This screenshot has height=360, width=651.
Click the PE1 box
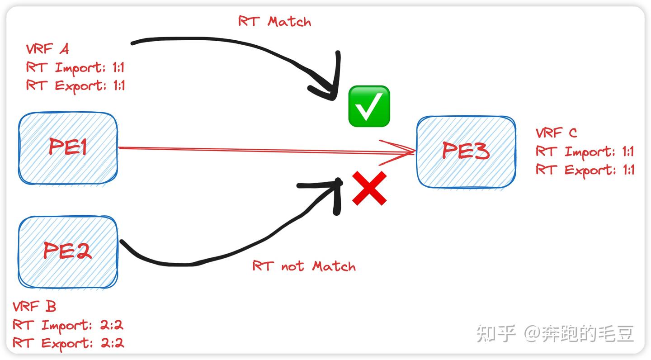point(68,148)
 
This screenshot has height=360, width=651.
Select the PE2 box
point(68,251)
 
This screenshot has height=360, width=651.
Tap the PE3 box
point(466,152)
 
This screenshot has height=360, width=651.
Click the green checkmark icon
point(369,106)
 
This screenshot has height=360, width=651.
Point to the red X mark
point(369,189)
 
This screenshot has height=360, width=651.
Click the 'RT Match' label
point(274,21)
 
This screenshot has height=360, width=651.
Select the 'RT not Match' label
point(304,266)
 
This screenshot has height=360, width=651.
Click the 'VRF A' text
point(47,49)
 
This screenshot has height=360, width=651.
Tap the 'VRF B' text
point(34,307)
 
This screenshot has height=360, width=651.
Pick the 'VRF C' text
point(556,133)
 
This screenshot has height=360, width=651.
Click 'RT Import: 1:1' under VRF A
point(75,68)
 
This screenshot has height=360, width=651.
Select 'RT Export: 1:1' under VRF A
point(75,85)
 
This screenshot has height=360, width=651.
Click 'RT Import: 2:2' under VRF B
point(68,325)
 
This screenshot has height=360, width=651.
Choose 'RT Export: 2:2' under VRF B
point(68,343)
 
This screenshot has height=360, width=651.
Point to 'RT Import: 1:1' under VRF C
point(585,152)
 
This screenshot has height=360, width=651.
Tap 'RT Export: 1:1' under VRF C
point(585,170)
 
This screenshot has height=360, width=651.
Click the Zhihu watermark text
point(555,334)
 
